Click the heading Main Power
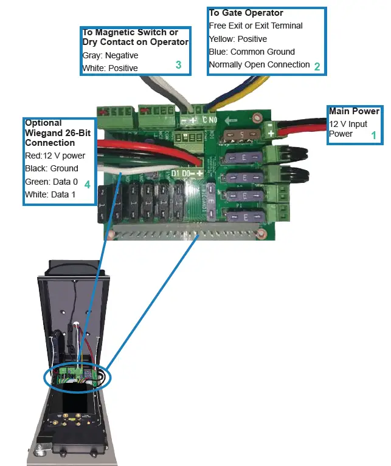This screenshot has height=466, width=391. (x=354, y=111)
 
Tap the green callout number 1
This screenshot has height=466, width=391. (x=374, y=136)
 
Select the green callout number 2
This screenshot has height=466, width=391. (x=317, y=67)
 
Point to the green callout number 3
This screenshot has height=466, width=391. (x=178, y=65)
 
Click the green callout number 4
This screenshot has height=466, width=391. (x=88, y=183)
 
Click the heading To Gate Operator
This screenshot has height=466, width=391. (x=246, y=13)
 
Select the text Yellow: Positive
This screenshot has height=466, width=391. (x=238, y=39)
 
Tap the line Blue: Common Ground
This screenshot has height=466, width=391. (x=251, y=52)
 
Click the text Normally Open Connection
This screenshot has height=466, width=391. (x=259, y=64)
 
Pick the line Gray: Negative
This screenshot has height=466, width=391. (x=110, y=55)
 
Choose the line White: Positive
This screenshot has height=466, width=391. (x=110, y=68)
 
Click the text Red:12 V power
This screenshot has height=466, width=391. (x=55, y=156)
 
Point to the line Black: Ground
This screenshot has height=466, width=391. (x=52, y=168)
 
